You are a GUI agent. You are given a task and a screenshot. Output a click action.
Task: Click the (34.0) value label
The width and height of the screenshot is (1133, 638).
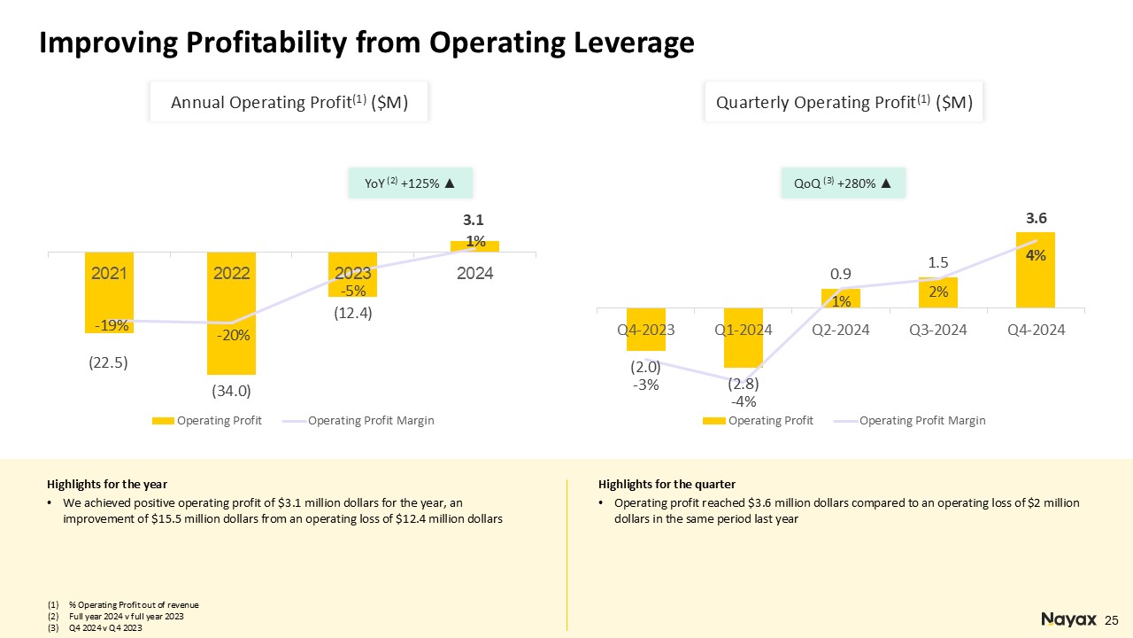point(230,389)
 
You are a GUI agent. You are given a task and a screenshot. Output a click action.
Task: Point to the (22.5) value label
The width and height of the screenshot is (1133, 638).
point(109,362)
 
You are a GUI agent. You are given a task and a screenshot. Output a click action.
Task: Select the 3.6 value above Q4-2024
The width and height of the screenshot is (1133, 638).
point(1036,217)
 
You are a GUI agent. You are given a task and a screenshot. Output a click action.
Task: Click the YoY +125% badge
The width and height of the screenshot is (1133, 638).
point(410,183)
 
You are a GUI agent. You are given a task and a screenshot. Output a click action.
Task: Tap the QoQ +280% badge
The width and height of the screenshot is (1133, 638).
point(843,183)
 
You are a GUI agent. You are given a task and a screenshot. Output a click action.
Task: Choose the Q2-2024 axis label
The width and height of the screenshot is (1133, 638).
point(841,330)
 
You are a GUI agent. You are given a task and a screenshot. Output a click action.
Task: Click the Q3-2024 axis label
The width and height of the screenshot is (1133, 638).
point(938,330)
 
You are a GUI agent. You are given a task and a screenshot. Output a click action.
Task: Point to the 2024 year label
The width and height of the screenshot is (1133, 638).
point(474,274)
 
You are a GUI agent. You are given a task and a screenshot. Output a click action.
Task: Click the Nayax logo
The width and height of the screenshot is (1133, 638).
point(1068,619)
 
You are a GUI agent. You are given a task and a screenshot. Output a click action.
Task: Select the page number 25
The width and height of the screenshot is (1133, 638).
point(1112,619)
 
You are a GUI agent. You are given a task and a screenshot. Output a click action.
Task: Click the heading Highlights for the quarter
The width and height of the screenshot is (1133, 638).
point(667,484)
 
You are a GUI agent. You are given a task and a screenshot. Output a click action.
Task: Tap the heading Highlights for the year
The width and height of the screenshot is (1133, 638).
point(107,484)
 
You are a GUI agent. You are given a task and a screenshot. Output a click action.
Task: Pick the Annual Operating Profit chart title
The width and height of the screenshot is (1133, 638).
point(289,103)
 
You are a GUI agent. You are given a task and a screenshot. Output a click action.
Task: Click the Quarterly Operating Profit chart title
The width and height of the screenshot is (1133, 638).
point(844,103)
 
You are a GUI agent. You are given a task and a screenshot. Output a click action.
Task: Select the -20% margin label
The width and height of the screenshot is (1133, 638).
point(231,336)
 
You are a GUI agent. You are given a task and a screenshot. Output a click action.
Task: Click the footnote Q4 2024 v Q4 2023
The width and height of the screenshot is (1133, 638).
point(100,627)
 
